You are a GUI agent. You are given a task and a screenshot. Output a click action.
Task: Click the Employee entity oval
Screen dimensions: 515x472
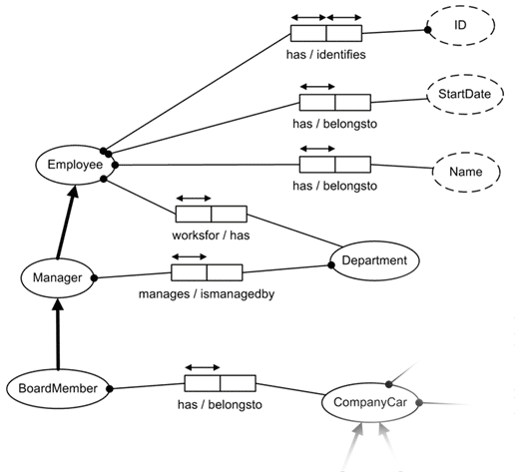pyautogui.click(x=76, y=165)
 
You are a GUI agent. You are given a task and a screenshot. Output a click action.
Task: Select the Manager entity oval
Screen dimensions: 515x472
pyautogui.click(x=58, y=277)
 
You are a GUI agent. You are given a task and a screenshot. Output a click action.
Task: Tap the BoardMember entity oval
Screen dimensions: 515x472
pyautogui.click(x=59, y=388)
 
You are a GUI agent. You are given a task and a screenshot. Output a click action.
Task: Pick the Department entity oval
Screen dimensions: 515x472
pyautogui.click(x=374, y=260)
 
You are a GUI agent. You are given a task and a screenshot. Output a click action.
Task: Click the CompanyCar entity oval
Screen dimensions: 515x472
pyautogui.click(x=370, y=402)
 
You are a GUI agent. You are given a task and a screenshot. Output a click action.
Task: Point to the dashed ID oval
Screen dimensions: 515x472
pyautogui.click(x=460, y=25)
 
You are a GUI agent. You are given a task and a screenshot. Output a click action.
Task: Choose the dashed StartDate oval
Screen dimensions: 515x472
pyautogui.click(x=465, y=94)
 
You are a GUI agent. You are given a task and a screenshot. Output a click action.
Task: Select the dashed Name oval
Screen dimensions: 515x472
pyautogui.click(x=466, y=172)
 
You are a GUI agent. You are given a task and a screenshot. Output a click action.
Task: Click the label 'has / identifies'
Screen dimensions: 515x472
pyautogui.click(x=326, y=55)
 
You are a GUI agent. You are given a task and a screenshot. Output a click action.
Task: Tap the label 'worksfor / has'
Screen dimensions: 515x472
pyautogui.click(x=211, y=236)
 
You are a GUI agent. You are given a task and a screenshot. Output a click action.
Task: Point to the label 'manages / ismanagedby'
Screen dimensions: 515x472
pyautogui.click(x=207, y=294)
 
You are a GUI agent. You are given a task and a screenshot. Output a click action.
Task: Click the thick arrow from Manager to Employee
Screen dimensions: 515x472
pyautogui.click(x=67, y=223)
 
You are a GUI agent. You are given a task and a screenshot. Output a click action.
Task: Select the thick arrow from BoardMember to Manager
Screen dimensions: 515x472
pyautogui.click(x=59, y=334)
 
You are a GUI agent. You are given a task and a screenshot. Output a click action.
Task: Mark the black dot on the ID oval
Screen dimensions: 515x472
pyautogui.click(x=428, y=30)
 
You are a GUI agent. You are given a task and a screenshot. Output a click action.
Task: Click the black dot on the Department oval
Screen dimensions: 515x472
pyautogui.click(x=331, y=265)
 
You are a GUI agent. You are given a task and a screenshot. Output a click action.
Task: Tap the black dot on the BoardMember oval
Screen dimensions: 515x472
pyautogui.click(x=110, y=388)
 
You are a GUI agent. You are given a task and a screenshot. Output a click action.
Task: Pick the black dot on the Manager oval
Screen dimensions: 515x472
pyautogui.click(x=95, y=277)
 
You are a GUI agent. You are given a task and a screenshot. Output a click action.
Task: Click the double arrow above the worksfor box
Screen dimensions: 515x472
pyautogui.click(x=194, y=199)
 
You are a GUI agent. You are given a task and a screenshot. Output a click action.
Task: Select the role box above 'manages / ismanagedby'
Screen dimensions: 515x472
pyautogui.click(x=207, y=272)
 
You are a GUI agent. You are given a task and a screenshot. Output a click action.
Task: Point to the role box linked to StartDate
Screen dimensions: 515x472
pyautogui.click(x=335, y=102)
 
